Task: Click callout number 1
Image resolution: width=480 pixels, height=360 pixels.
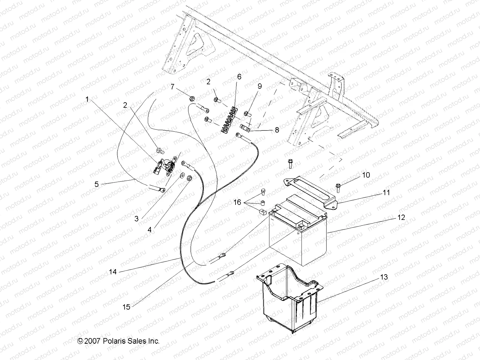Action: (87, 99)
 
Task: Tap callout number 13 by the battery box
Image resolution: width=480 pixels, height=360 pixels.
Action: (384, 277)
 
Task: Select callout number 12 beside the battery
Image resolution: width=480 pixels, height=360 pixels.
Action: (401, 217)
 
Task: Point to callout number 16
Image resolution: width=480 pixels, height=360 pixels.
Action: (237, 202)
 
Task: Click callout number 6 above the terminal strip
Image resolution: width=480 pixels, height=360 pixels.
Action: (239, 77)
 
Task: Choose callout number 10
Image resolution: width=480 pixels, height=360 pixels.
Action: (366, 175)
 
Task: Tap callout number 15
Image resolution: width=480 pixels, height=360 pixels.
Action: (127, 307)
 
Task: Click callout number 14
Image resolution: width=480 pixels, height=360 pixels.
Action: (113, 272)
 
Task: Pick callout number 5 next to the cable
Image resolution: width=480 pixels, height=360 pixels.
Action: (97, 184)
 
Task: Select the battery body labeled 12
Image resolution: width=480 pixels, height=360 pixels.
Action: (297, 240)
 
